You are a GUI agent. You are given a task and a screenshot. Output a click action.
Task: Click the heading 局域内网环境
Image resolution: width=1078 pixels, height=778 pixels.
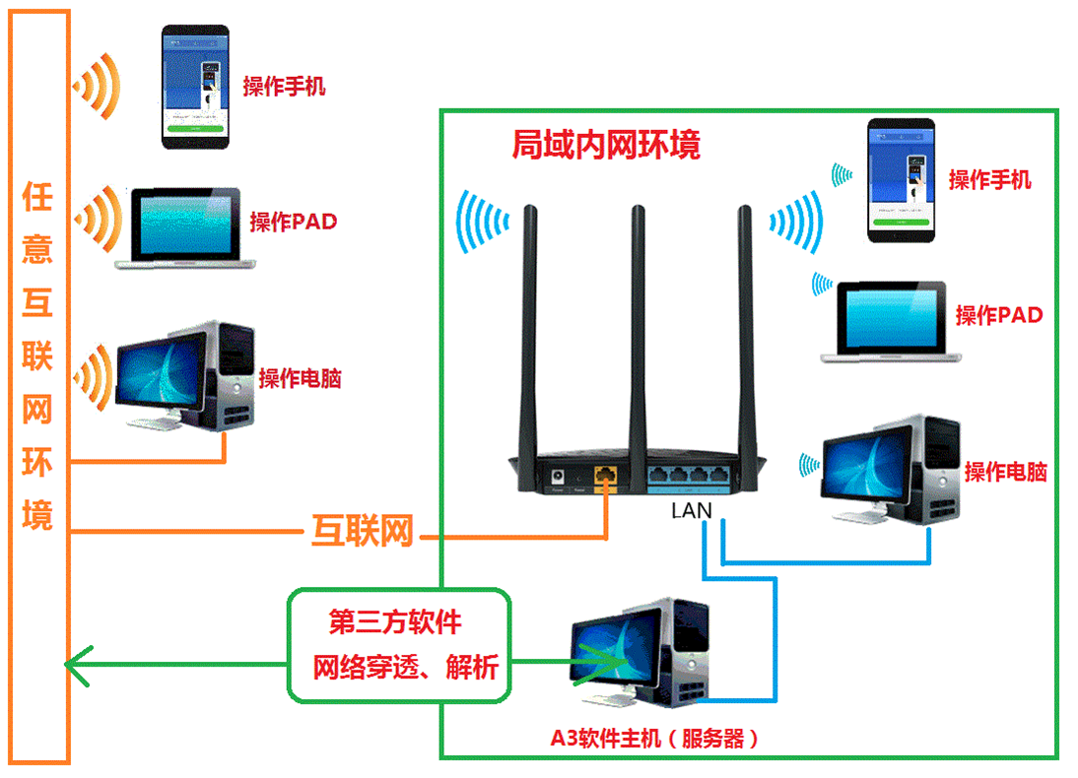[x=605, y=146]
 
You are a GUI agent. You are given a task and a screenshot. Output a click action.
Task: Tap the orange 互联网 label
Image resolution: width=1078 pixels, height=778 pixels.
[x=361, y=533]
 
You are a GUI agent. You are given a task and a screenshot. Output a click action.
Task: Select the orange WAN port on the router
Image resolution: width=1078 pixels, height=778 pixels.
[x=607, y=476]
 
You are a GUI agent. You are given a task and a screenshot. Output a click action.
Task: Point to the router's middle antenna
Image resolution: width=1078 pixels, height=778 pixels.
[x=639, y=325]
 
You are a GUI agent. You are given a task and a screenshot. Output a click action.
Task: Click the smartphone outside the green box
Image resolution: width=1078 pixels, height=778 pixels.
[x=195, y=87]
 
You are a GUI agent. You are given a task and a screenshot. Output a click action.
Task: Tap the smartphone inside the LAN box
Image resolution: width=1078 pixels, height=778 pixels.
[x=900, y=179]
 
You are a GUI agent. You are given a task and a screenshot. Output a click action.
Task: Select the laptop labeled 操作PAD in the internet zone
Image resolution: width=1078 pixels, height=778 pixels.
[x=185, y=227]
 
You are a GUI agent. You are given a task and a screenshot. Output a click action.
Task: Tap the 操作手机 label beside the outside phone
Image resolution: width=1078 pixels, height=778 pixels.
[x=284, y=87]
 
